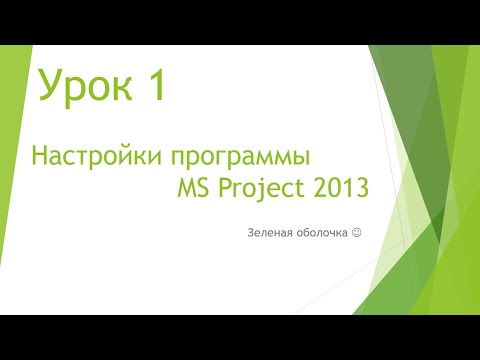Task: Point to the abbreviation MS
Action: click(197, 187)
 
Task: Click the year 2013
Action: click(337, 186)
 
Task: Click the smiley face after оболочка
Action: click(356, 233)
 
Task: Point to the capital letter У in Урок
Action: click(47, 87)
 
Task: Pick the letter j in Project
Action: click(263, 189)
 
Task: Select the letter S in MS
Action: click(209, 187)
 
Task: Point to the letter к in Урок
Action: click(113, 90)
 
